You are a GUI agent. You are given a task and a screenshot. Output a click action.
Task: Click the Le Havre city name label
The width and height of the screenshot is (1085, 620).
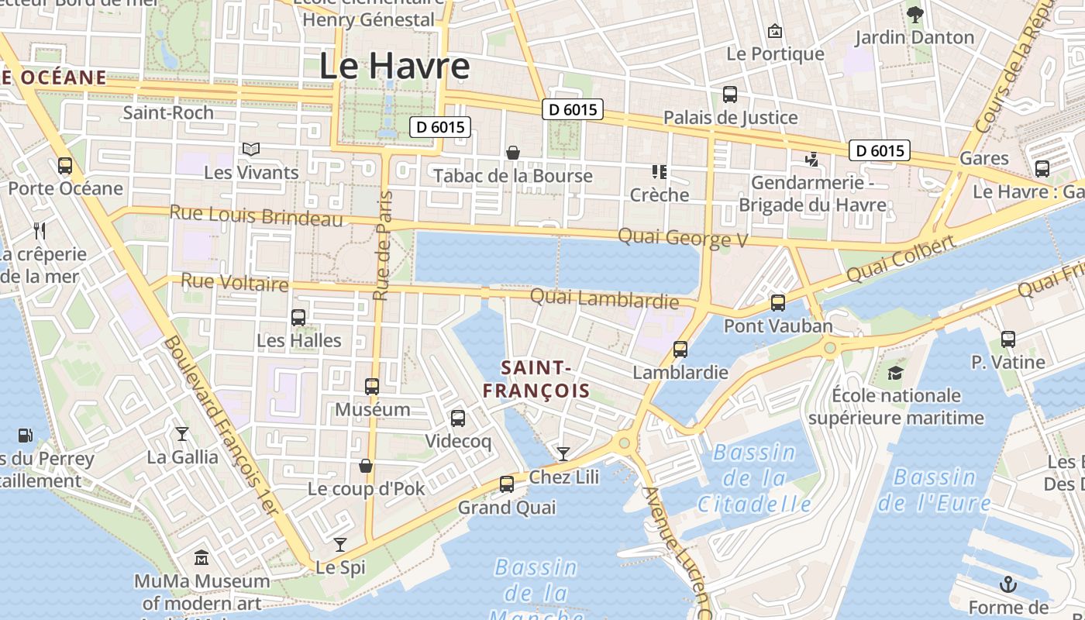point(394,66)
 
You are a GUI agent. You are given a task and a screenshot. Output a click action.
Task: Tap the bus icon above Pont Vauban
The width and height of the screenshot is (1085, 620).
point(778,303)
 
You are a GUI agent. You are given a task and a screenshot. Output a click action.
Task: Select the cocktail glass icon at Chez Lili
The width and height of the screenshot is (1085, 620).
point(563,453)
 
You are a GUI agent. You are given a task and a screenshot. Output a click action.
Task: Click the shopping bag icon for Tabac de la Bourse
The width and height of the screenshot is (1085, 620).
point(512,153)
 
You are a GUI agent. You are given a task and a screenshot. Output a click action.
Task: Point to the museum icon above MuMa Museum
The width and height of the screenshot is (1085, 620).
point(201,557)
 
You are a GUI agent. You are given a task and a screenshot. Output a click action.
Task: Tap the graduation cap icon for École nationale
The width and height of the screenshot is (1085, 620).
point(896,373)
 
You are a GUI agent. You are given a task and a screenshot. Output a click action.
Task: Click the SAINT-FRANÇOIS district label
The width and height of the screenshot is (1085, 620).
point(536,378)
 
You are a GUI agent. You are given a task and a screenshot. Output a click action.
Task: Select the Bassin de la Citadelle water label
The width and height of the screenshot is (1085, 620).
point(754,478)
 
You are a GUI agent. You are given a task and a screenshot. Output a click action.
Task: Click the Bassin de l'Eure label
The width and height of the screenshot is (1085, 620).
point(934,490)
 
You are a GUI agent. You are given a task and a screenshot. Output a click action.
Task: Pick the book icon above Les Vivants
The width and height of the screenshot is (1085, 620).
point(251,149)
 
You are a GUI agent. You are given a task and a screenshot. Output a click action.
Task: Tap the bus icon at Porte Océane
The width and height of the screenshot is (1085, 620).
point(65,165)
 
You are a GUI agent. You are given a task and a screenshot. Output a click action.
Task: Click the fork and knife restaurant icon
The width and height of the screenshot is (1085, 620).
point(40,230)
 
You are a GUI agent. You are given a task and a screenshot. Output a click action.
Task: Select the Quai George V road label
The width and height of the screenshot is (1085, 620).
point(682,237)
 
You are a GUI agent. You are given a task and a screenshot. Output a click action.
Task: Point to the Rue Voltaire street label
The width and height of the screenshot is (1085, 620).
point(234,282)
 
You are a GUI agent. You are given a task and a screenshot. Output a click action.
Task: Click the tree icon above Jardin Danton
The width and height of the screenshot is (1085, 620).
point(915,13)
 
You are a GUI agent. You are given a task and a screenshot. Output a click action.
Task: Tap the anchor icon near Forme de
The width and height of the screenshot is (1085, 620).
point(1008,584)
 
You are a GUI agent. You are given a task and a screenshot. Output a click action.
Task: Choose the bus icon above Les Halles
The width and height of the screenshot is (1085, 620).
point(298,317)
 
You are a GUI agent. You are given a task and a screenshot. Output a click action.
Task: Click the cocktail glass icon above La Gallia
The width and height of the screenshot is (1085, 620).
point(182,433)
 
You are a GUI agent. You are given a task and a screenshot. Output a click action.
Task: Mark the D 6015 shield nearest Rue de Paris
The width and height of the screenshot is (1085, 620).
point(440,127)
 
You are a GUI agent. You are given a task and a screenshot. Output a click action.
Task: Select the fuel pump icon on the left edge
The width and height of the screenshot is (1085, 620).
point(26,436)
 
